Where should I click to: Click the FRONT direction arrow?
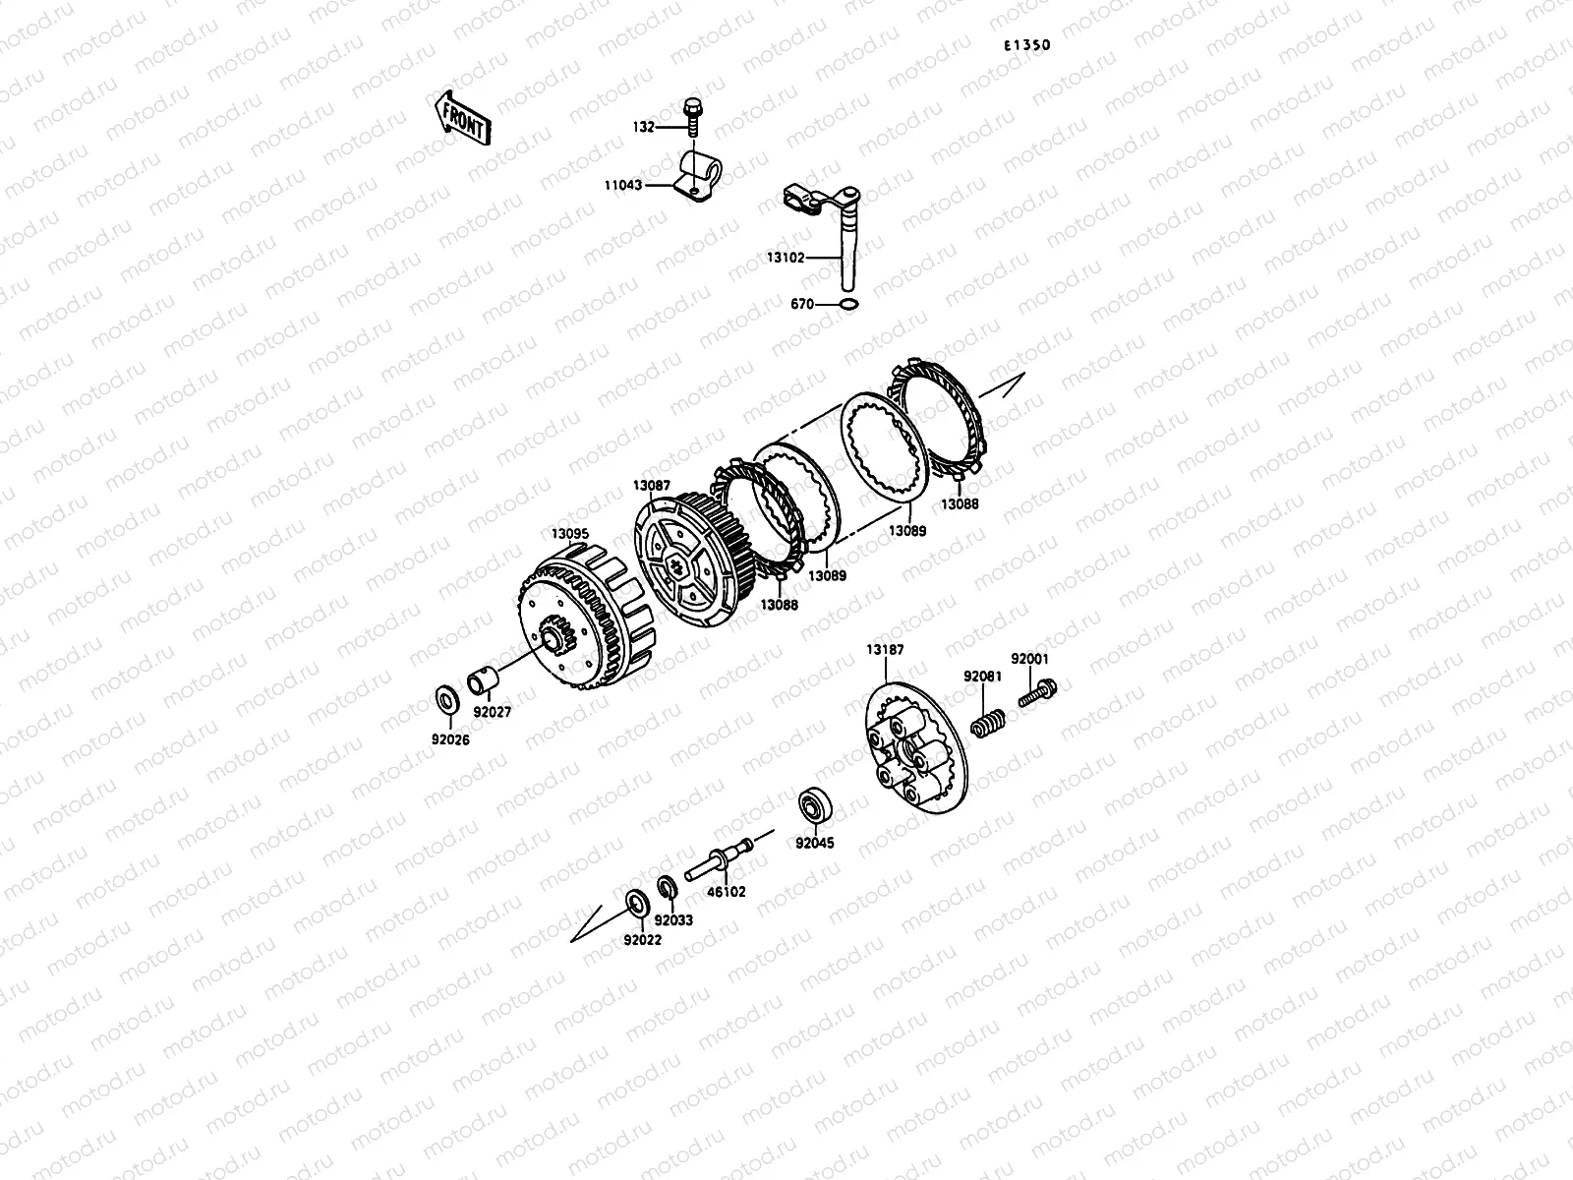[x=462, y=118]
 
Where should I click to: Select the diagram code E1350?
[x=1027, y=45]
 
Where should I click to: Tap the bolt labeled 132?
[x=693, y=117]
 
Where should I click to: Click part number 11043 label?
[x=622, y=185]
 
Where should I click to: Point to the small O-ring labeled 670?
[x=847, y=305]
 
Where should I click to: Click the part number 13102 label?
[x=786, y=258]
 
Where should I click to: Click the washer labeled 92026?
[x=448, y=700]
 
